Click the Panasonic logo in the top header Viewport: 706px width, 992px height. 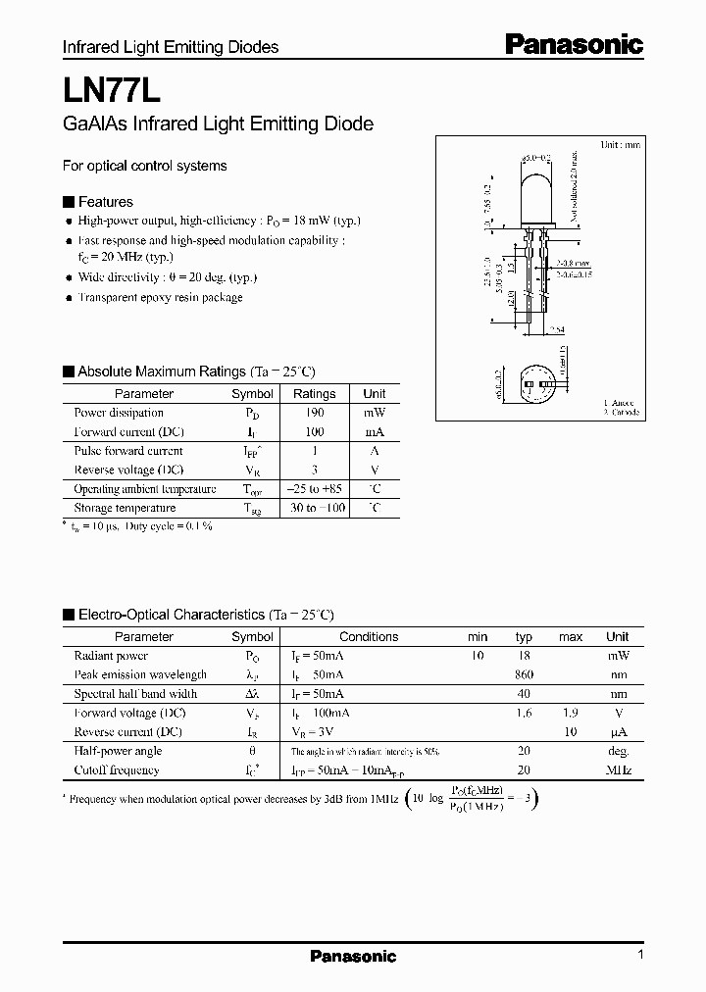tap(575, 44)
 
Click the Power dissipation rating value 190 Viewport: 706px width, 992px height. tap(314, 413)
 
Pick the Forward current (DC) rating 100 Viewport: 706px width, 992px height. tap(314, 431)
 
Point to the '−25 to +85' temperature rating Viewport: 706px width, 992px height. tap(314, 489)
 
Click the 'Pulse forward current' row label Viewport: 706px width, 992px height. tap(128, 451)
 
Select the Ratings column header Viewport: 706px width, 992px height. tap(314, 394)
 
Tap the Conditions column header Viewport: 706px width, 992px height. tap(369, 637)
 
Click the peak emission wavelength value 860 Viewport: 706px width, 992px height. tap(524, 674)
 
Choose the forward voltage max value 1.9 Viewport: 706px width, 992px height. tap(571, 713)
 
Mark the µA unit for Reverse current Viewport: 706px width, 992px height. tap(618, 732)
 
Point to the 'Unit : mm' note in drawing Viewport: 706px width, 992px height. tap(620, 144)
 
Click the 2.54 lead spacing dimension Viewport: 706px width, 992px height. tap(555, 330)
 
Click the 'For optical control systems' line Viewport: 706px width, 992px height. tap(144, 166)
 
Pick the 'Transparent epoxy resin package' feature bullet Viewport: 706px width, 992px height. tap(160, 297)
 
